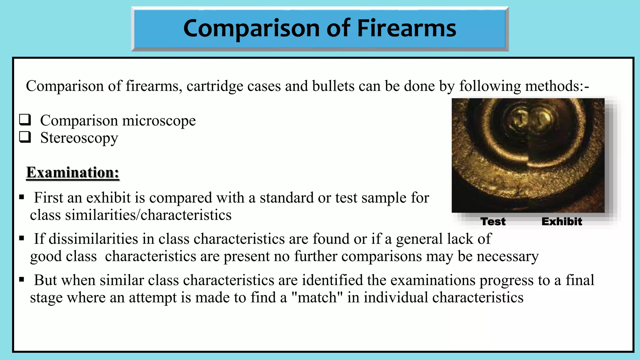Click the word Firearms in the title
[406, 28]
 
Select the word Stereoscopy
[79, 138]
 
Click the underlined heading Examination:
[72, 172]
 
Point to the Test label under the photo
[493, 222]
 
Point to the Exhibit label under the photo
[562, 222]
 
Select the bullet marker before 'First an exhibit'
[22, 197]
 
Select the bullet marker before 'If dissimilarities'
[22, 238]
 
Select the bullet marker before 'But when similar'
[22, 280]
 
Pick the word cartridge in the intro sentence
[215, 86]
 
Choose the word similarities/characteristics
[148, 215]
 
